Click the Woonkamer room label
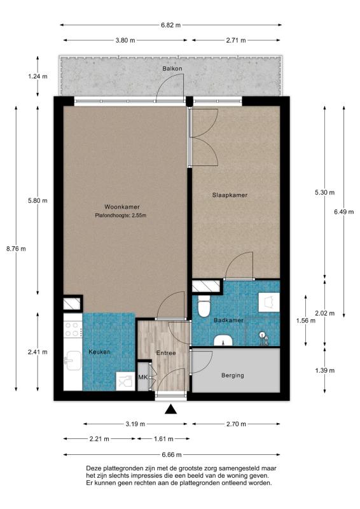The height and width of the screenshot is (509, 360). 121,207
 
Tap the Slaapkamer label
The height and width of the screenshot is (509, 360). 230,195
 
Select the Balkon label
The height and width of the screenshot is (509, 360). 172,69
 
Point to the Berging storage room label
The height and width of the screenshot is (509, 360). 232,375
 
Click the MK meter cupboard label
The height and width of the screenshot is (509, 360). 143,377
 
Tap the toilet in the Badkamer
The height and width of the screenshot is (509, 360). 204,306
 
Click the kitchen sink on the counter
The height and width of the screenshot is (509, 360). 73,361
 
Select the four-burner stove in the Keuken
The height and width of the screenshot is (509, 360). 73,329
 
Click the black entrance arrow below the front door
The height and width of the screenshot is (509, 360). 170,410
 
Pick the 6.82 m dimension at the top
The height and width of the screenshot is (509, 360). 170,25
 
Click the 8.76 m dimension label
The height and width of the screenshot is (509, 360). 16,249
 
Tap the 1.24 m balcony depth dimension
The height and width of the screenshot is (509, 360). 38,76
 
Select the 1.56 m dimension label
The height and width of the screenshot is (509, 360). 305,321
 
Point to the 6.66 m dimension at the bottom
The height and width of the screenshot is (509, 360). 171,455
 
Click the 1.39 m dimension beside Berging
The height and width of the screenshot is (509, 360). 324,370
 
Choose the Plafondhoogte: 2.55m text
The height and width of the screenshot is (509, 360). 120,215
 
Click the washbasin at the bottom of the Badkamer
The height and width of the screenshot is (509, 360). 223,340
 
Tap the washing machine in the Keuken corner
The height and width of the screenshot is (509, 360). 125,380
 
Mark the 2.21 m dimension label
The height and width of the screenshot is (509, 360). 99,439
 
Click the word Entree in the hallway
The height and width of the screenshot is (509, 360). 166,353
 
